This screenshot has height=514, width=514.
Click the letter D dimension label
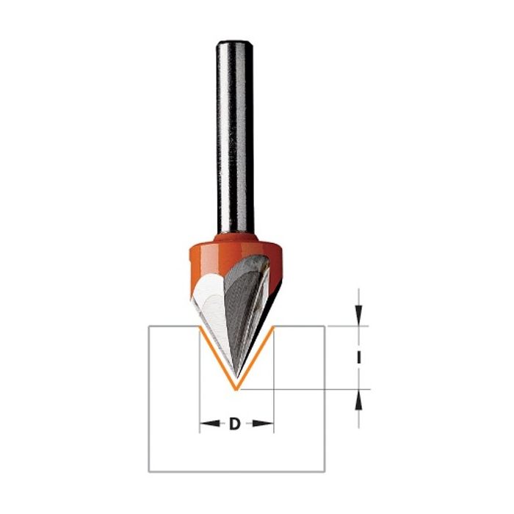(x=234, y=424)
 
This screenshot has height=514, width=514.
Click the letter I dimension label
(x=359, y=358)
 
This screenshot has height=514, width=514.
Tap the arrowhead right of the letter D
(x=263, y=424)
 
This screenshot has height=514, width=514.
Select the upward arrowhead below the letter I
(x=359, y=400)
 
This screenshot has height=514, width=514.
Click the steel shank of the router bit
(x=235, y=137)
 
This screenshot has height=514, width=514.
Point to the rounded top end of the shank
(x=234, y=43)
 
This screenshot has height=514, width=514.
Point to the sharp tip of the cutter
(x=236, y=377)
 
